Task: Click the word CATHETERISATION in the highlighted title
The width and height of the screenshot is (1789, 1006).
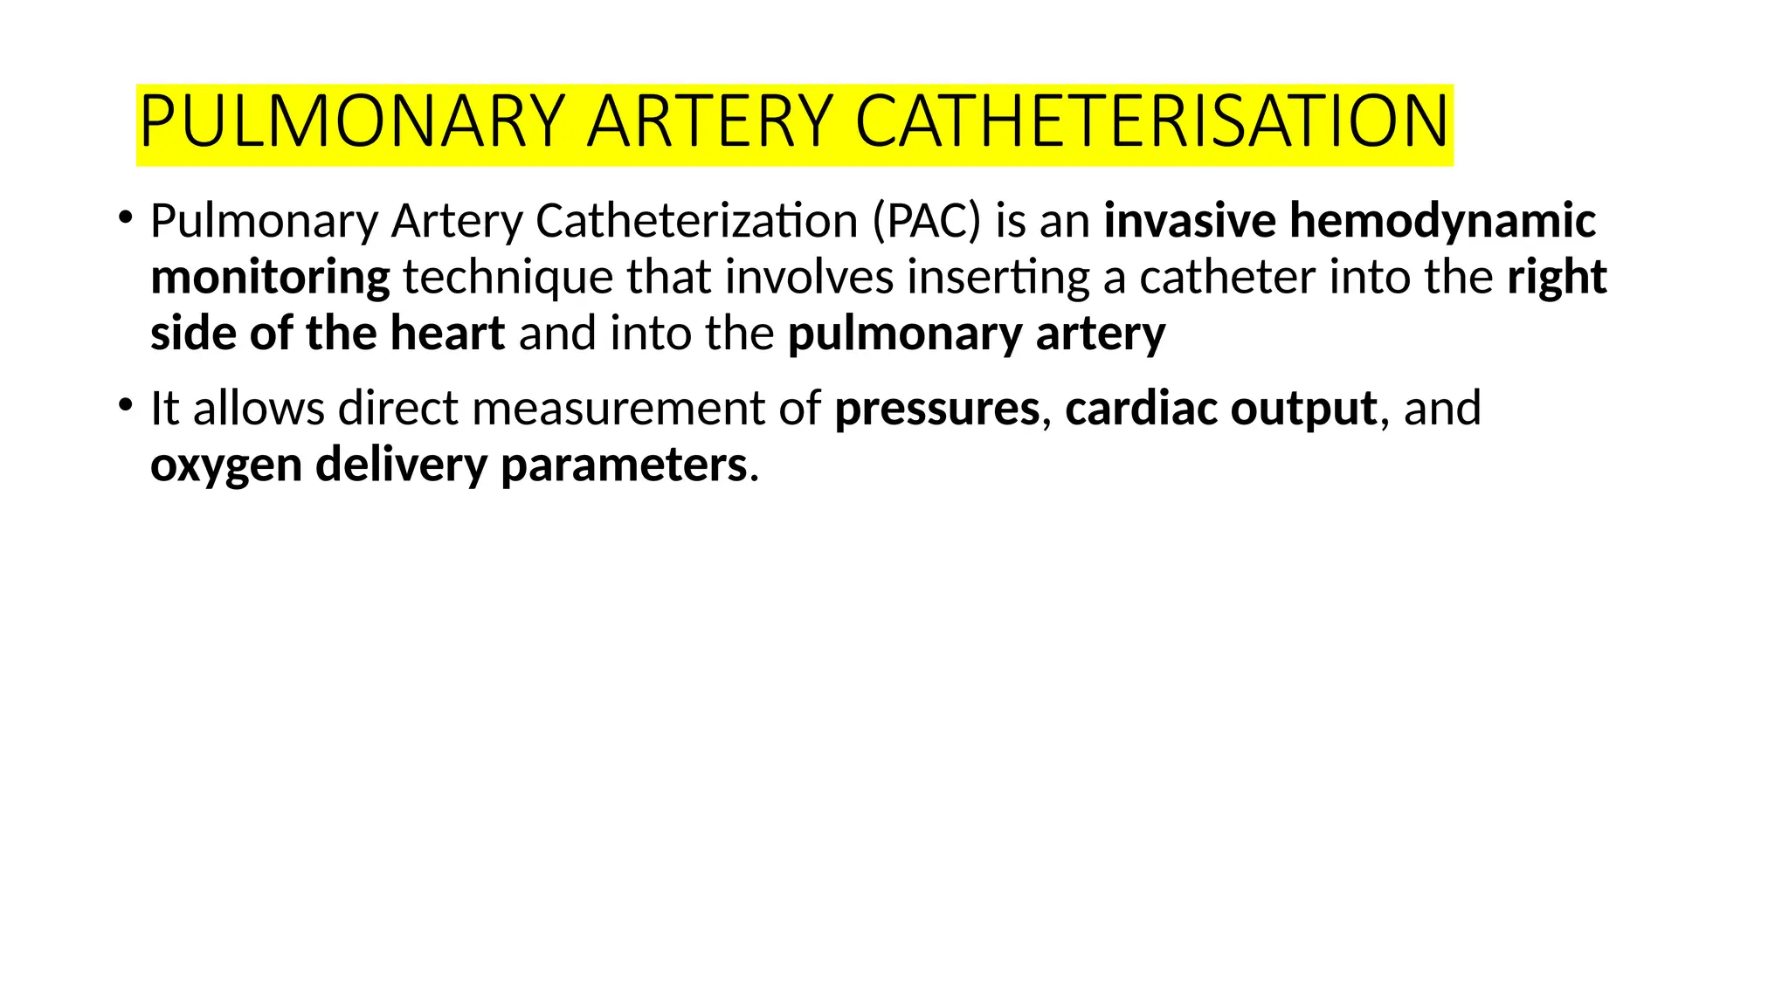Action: click(1152, 121)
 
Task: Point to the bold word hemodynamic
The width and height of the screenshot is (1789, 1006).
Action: click(1443, 221)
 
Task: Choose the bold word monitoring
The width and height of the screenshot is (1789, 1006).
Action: click(270, 278)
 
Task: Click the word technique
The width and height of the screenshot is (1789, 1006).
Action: click(508, 278)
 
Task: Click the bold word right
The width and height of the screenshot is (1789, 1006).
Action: click(1557, 278)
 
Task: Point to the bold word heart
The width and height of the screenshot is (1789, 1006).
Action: click(447, 334)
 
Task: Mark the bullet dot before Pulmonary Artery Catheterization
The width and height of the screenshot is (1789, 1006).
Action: click(126, 217)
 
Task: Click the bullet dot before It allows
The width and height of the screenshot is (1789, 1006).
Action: click(126, 405)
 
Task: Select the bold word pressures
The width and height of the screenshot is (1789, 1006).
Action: click(937, 409)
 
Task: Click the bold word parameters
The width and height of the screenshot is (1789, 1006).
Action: click(624, 465)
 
